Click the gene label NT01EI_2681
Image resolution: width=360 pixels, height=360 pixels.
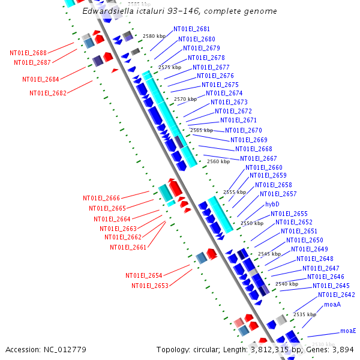[x=191, y=29]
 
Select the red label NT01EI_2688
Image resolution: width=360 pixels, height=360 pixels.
[x=28, y=53]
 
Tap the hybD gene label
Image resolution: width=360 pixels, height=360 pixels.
[x=272, y=204]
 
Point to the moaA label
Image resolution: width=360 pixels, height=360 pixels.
[x=332, y=304]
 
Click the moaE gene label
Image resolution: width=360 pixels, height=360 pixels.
[x=348, y=331]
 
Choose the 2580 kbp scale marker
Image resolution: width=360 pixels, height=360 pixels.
[x=153, y=36]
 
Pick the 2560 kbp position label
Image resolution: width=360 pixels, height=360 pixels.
[x=218, y=161]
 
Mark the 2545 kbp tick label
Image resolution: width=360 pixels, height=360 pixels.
[x=269, y=254]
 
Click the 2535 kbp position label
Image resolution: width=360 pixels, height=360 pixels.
[x=304, y=314]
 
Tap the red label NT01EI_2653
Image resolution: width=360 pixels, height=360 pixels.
[x=150, y=286]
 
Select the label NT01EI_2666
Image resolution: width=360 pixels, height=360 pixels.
[x=101, y=198]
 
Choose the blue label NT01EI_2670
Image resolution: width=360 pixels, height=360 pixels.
[x=243, y=130]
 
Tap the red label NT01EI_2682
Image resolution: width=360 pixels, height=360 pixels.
[x=48, y=93]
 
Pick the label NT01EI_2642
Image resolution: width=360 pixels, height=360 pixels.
[x=336, y=295]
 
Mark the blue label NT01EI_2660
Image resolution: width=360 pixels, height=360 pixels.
[x=263, y=167]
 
